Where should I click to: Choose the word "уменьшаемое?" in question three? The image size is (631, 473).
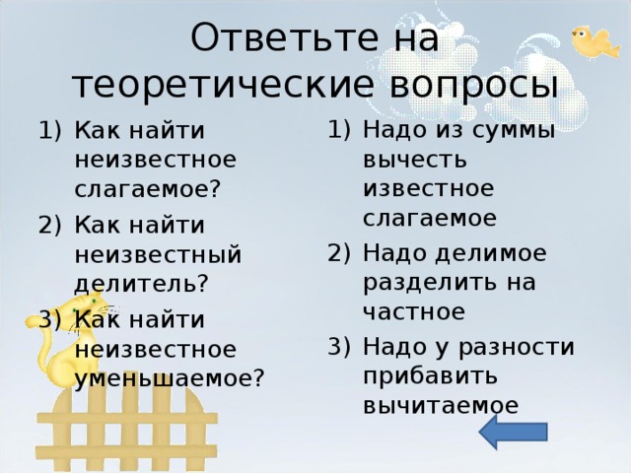[x=169, y=378]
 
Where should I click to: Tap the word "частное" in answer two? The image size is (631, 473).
[x=413, y=312]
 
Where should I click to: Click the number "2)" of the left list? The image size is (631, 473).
[x=49, y=225]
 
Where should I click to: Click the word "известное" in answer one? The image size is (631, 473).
[x=427, y=188]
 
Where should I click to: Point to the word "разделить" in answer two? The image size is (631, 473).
[x=427, y=283]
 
